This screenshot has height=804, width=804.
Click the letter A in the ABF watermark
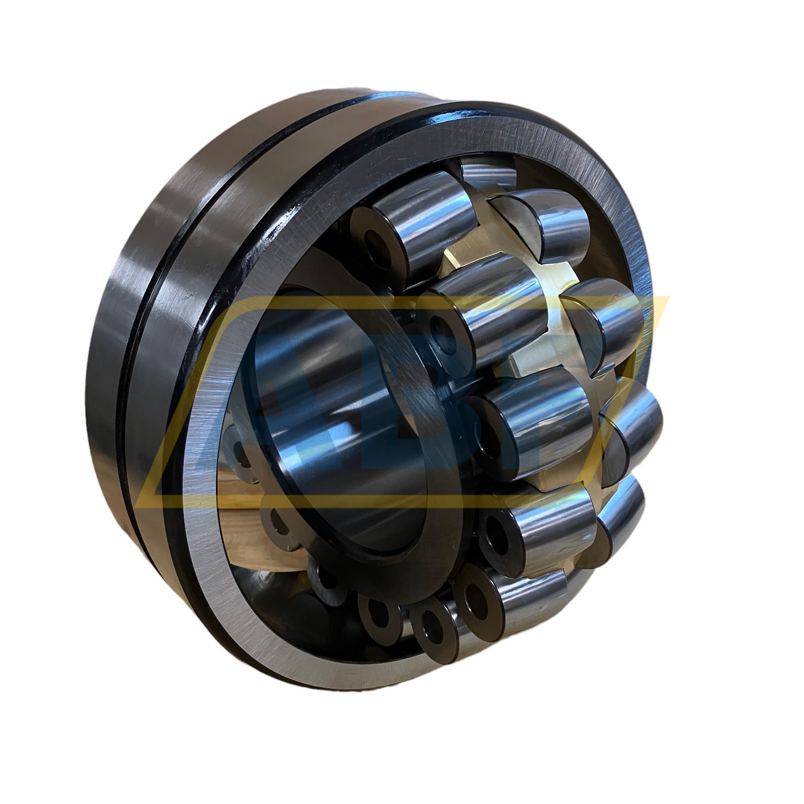(300, 407)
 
